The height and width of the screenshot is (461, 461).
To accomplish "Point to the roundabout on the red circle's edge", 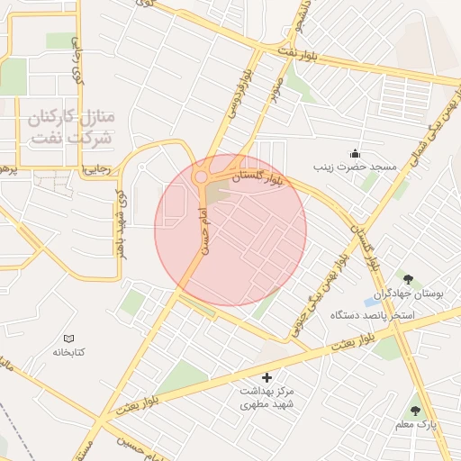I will point(200,176).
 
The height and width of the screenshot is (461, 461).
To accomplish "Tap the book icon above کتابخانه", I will point(68,338).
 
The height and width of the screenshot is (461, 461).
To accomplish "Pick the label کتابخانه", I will point(68,352).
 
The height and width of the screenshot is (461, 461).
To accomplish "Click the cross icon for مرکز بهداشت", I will point(265,376).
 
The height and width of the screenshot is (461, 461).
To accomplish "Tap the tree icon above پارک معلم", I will point(415,409).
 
